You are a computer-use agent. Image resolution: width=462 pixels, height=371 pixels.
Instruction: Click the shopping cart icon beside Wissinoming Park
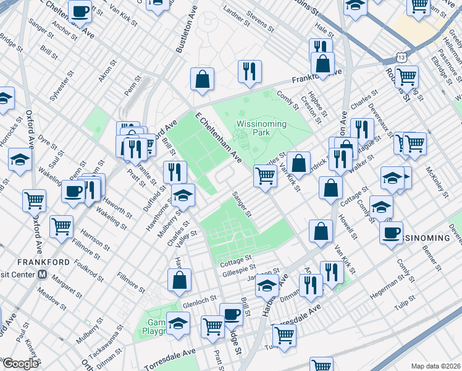tap(266, 176)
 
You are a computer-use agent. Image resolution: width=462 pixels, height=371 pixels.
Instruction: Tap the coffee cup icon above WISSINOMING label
tap(391, 233)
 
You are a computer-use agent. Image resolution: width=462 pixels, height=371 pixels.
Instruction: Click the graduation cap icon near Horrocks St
tap(20, 160)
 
